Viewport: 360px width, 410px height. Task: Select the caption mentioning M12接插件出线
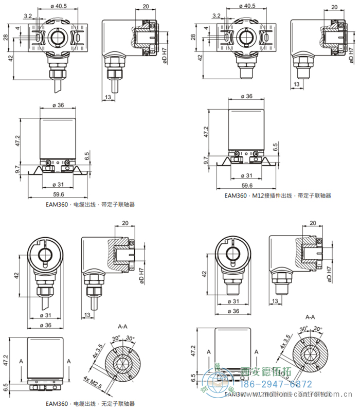[278, 195]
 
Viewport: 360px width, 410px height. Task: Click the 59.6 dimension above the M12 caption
[247, 185]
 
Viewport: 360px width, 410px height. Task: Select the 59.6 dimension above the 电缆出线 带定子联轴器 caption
[58, 194]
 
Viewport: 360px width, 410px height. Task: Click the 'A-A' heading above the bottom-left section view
[122, 326]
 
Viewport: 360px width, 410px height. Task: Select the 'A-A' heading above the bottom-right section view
[311, 317]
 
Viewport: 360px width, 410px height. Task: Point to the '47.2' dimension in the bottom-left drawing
[6, 358]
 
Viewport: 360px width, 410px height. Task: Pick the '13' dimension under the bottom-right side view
[275, 300]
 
